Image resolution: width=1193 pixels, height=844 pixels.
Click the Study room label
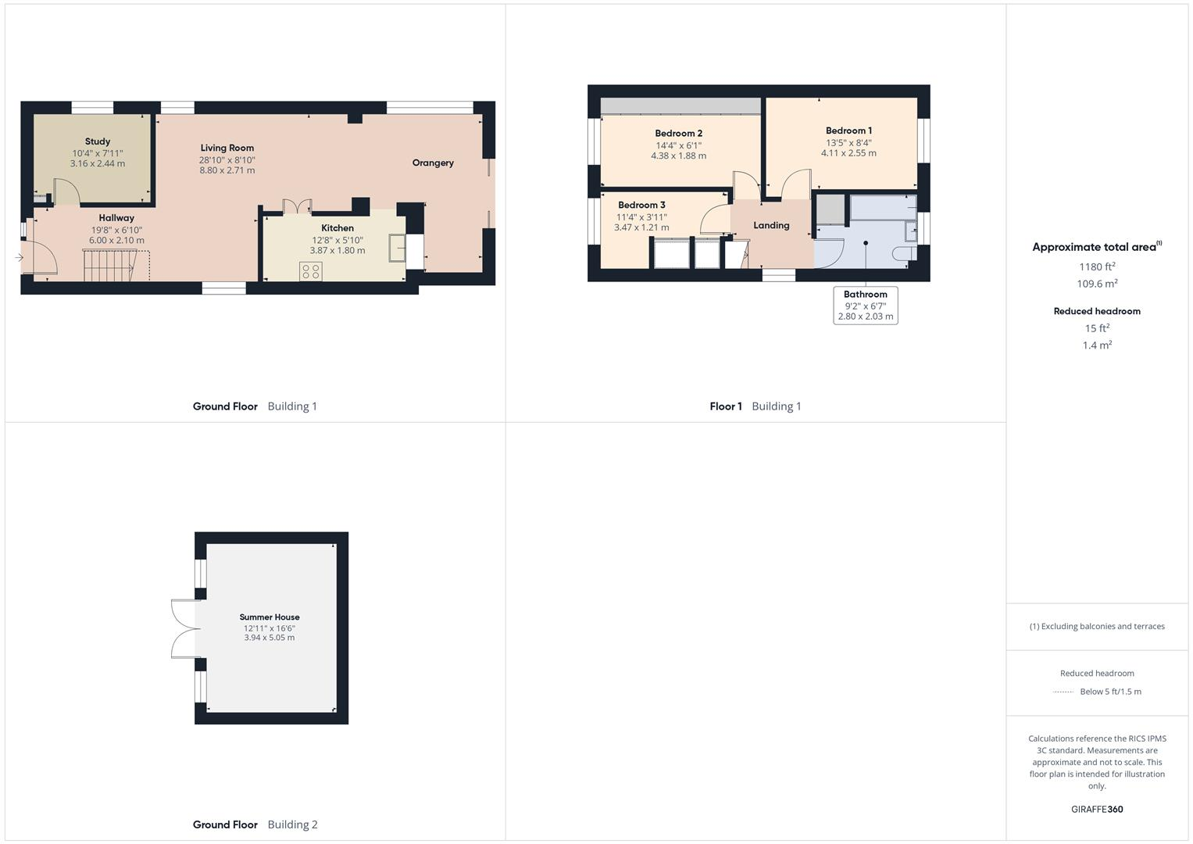98,141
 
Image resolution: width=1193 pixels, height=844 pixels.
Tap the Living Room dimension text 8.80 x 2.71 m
227,170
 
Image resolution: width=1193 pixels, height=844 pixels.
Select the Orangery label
433,163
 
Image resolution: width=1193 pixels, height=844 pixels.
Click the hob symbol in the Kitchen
310,271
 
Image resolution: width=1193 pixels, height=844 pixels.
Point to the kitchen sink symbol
398,249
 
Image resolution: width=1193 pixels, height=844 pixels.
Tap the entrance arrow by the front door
19,258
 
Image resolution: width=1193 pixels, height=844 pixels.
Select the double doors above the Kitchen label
297,206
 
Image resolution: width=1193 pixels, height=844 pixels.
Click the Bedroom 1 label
848,131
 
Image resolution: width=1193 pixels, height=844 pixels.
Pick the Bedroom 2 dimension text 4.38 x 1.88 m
678,156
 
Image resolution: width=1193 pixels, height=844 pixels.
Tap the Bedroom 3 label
641,205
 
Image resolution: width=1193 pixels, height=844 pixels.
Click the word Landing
771,225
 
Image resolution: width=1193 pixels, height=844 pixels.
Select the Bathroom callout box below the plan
865,306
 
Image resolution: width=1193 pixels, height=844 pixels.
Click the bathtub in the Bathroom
882,208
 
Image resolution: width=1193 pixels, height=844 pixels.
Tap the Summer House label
270,617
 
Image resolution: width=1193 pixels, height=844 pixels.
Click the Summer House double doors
184,628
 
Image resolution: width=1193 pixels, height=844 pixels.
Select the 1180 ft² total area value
1097,266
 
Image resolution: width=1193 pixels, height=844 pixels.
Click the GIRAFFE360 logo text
1097,809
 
